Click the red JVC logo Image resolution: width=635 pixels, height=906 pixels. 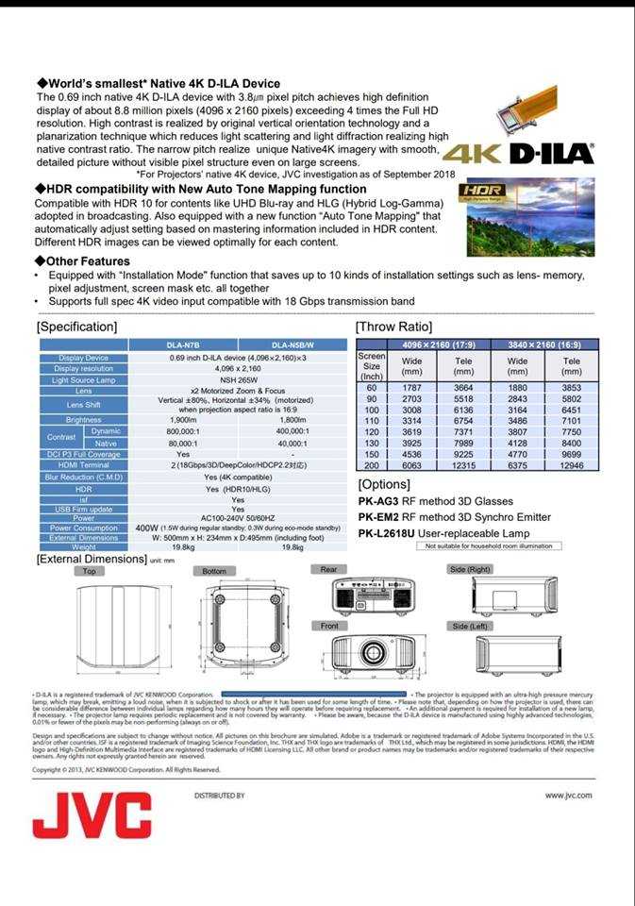point(92,814)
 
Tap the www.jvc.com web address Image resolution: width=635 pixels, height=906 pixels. point(568,795)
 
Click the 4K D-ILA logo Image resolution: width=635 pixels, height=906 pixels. point(518,154)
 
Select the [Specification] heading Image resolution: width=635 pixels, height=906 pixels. point(76,327)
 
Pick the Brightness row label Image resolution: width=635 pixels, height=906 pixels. point(83,419)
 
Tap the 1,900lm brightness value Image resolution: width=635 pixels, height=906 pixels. point(182,419)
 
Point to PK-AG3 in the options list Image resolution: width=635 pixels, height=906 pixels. point(380,501)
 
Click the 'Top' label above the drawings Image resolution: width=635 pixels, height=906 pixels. point(89,571)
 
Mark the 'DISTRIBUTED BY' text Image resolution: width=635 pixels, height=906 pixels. point(219,796)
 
